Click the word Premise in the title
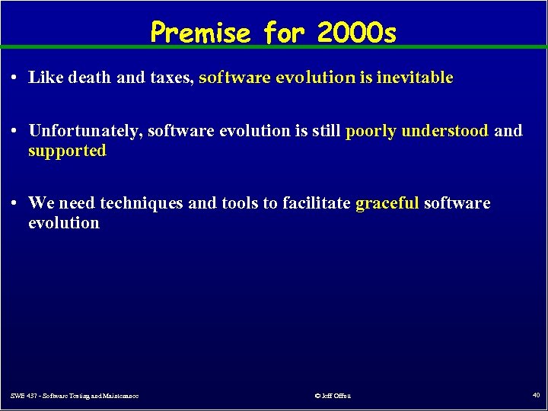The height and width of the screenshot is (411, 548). pyautogui.click(x=200, y=32)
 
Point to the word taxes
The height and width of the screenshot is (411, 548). pyautogui.click(x=172, y=78)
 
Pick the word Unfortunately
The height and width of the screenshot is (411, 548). pyautogui.click(x=85, y=131)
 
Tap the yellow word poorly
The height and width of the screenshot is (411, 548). pyautogui.click(x=371, y=131)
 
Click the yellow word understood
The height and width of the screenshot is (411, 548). pyautogui.click(x=444, y=131)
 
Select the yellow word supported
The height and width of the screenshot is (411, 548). pyautogui.click(x=67, y=151)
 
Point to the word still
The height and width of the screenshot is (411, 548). pyautogui.click(x=326, y=131)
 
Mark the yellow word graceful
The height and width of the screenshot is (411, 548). pyautogui.click(x=387, y=204)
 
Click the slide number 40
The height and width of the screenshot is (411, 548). pyautogui.click(x=534, y=394)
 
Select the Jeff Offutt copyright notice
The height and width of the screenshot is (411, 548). pyautogui.click(x=333, y=395)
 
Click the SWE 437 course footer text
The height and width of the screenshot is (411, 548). pyautogui.click(x=75, y=395)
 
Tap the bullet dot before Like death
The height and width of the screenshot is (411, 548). pyautogui.click(x=15, y=78)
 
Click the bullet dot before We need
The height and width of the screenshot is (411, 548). pyautogui.click(x=15, y=204)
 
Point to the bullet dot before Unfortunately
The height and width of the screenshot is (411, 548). pyautogui.click(x=15, y=132)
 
